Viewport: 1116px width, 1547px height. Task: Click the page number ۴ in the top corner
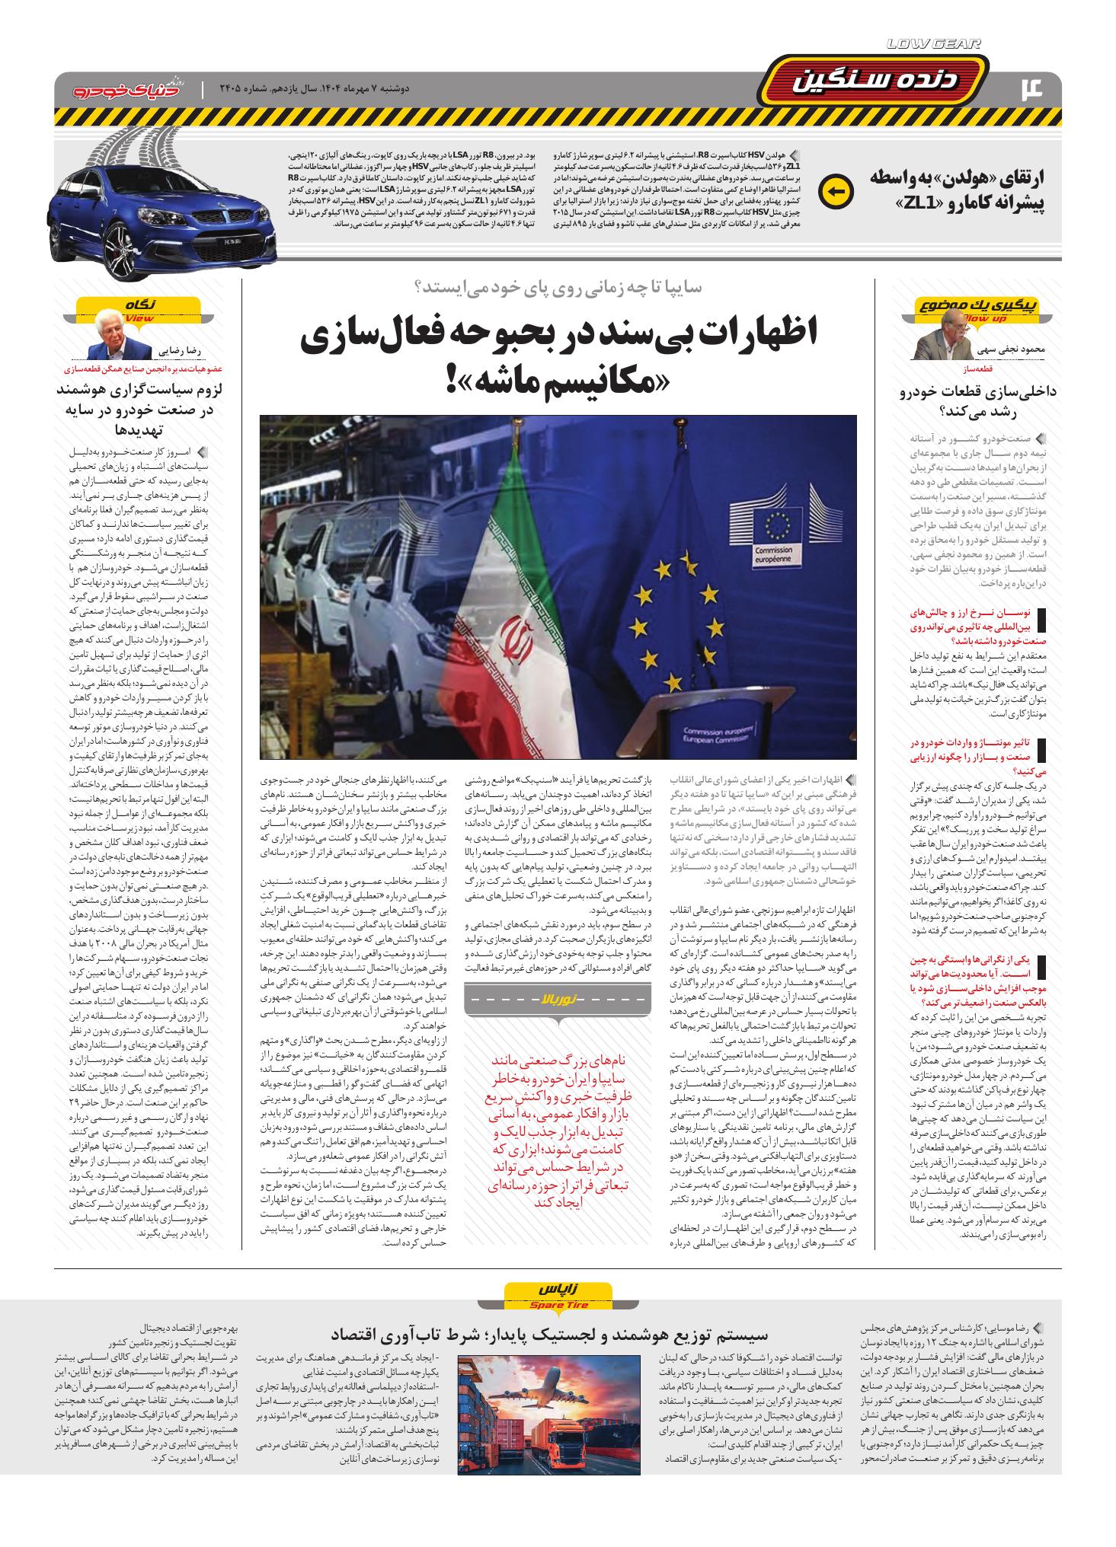pyautogui.click(x=1038, y=87)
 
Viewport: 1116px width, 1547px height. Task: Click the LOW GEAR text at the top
pyautogui.click(x=935, y=44)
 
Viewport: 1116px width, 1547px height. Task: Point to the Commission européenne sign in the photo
pyautogui.click(x=775, y=552)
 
